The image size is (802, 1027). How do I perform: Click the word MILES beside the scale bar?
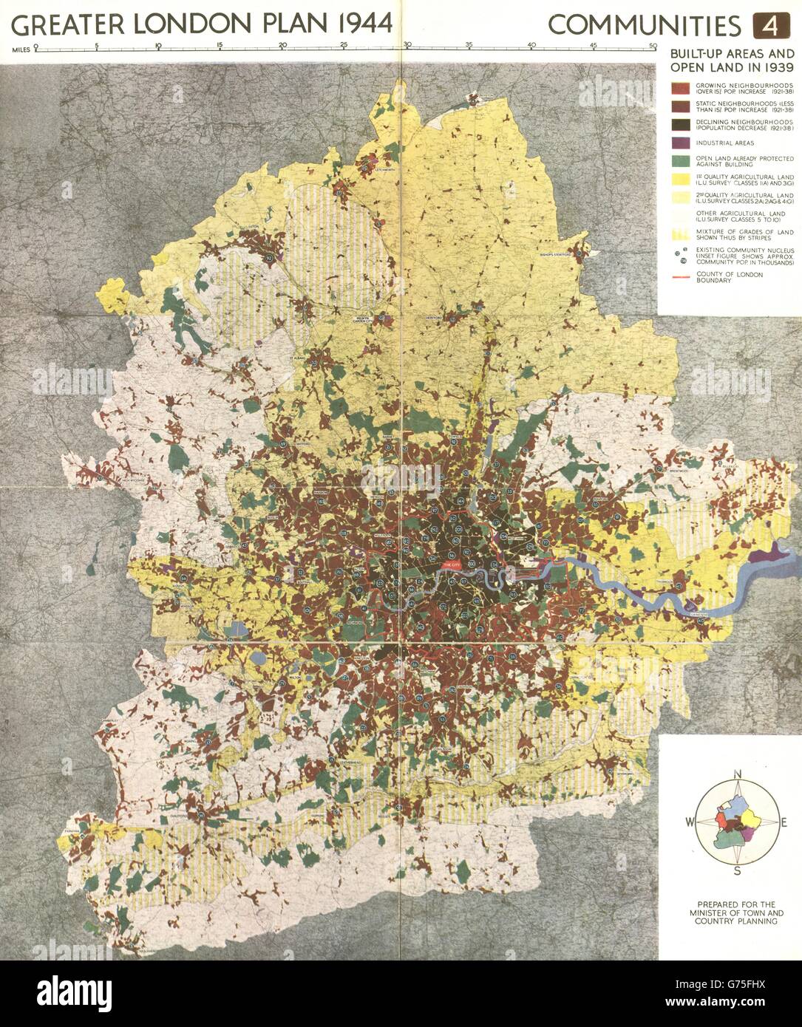(21, 51)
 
